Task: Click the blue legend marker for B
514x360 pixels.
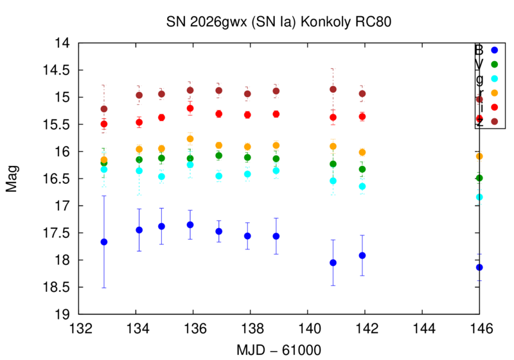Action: (494, 50)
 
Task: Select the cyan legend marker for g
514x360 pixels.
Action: (494, 78)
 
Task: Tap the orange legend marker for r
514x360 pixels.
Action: (494, 92)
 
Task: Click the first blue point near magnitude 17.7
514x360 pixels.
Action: (104, 242)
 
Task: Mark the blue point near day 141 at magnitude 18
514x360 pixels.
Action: (333, 262)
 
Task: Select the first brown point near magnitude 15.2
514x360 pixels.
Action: (104, 109)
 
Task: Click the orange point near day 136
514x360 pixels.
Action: (190, 139)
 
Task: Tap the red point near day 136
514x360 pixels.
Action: (190, 108)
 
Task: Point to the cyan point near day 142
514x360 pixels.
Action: (362, 186)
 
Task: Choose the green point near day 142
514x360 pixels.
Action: (362, 169)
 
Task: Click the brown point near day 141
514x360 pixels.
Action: (333, 89)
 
